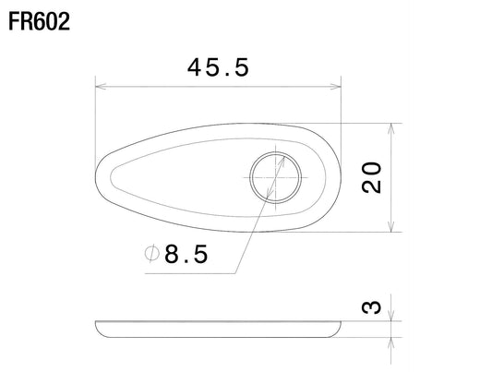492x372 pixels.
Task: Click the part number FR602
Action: [x=39, y=21]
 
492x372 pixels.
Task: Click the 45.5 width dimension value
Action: [x=218, y=67]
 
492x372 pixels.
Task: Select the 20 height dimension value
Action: [x=371, y=177]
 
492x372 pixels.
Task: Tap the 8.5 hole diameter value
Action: [x=186, y=254]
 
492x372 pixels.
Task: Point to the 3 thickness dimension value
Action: [x=371, y=307]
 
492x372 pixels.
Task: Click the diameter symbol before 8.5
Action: [x=152, y=254]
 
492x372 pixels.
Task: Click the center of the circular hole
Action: [x=275, y=177]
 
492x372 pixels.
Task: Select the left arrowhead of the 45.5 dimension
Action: [x=101, y=87]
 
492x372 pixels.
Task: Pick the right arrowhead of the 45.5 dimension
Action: [x=335, y=87]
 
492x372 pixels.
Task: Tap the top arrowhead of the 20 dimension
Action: [x=391, y=128]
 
